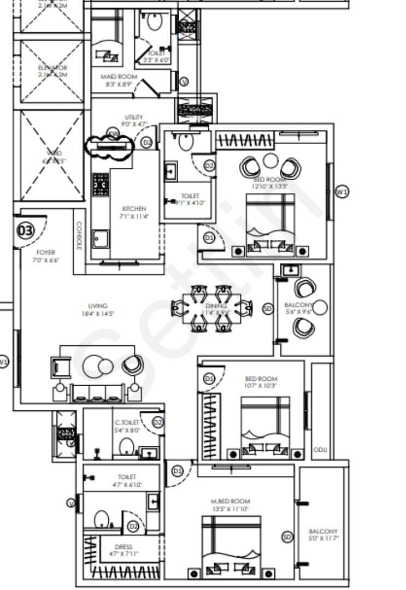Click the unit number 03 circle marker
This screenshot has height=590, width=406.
coord(26,231)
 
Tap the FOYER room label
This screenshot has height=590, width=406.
coord(46,252)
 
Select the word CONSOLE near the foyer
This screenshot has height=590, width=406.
coord(79,235)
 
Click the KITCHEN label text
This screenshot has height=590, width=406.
coord(134,209)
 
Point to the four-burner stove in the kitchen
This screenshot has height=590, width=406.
coord(101,185)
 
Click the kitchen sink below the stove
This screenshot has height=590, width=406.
coord(100,239)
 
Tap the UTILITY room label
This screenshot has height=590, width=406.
coord(134,117)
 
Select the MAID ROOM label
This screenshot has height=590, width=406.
coord(119,77)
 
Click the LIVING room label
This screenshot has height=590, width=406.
coord(98,306)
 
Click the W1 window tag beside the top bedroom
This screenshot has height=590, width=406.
coord(342,192)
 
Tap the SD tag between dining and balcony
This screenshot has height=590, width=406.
coord(268,309)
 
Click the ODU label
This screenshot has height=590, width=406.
coord(320,450)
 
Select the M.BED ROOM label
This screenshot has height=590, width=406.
coord(231,501)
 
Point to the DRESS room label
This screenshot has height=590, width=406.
coord(123,547)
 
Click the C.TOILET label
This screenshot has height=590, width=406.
coord(127,422)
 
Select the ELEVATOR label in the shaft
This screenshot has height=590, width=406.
coord(52,68)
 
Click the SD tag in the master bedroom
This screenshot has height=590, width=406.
coord(287,537)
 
